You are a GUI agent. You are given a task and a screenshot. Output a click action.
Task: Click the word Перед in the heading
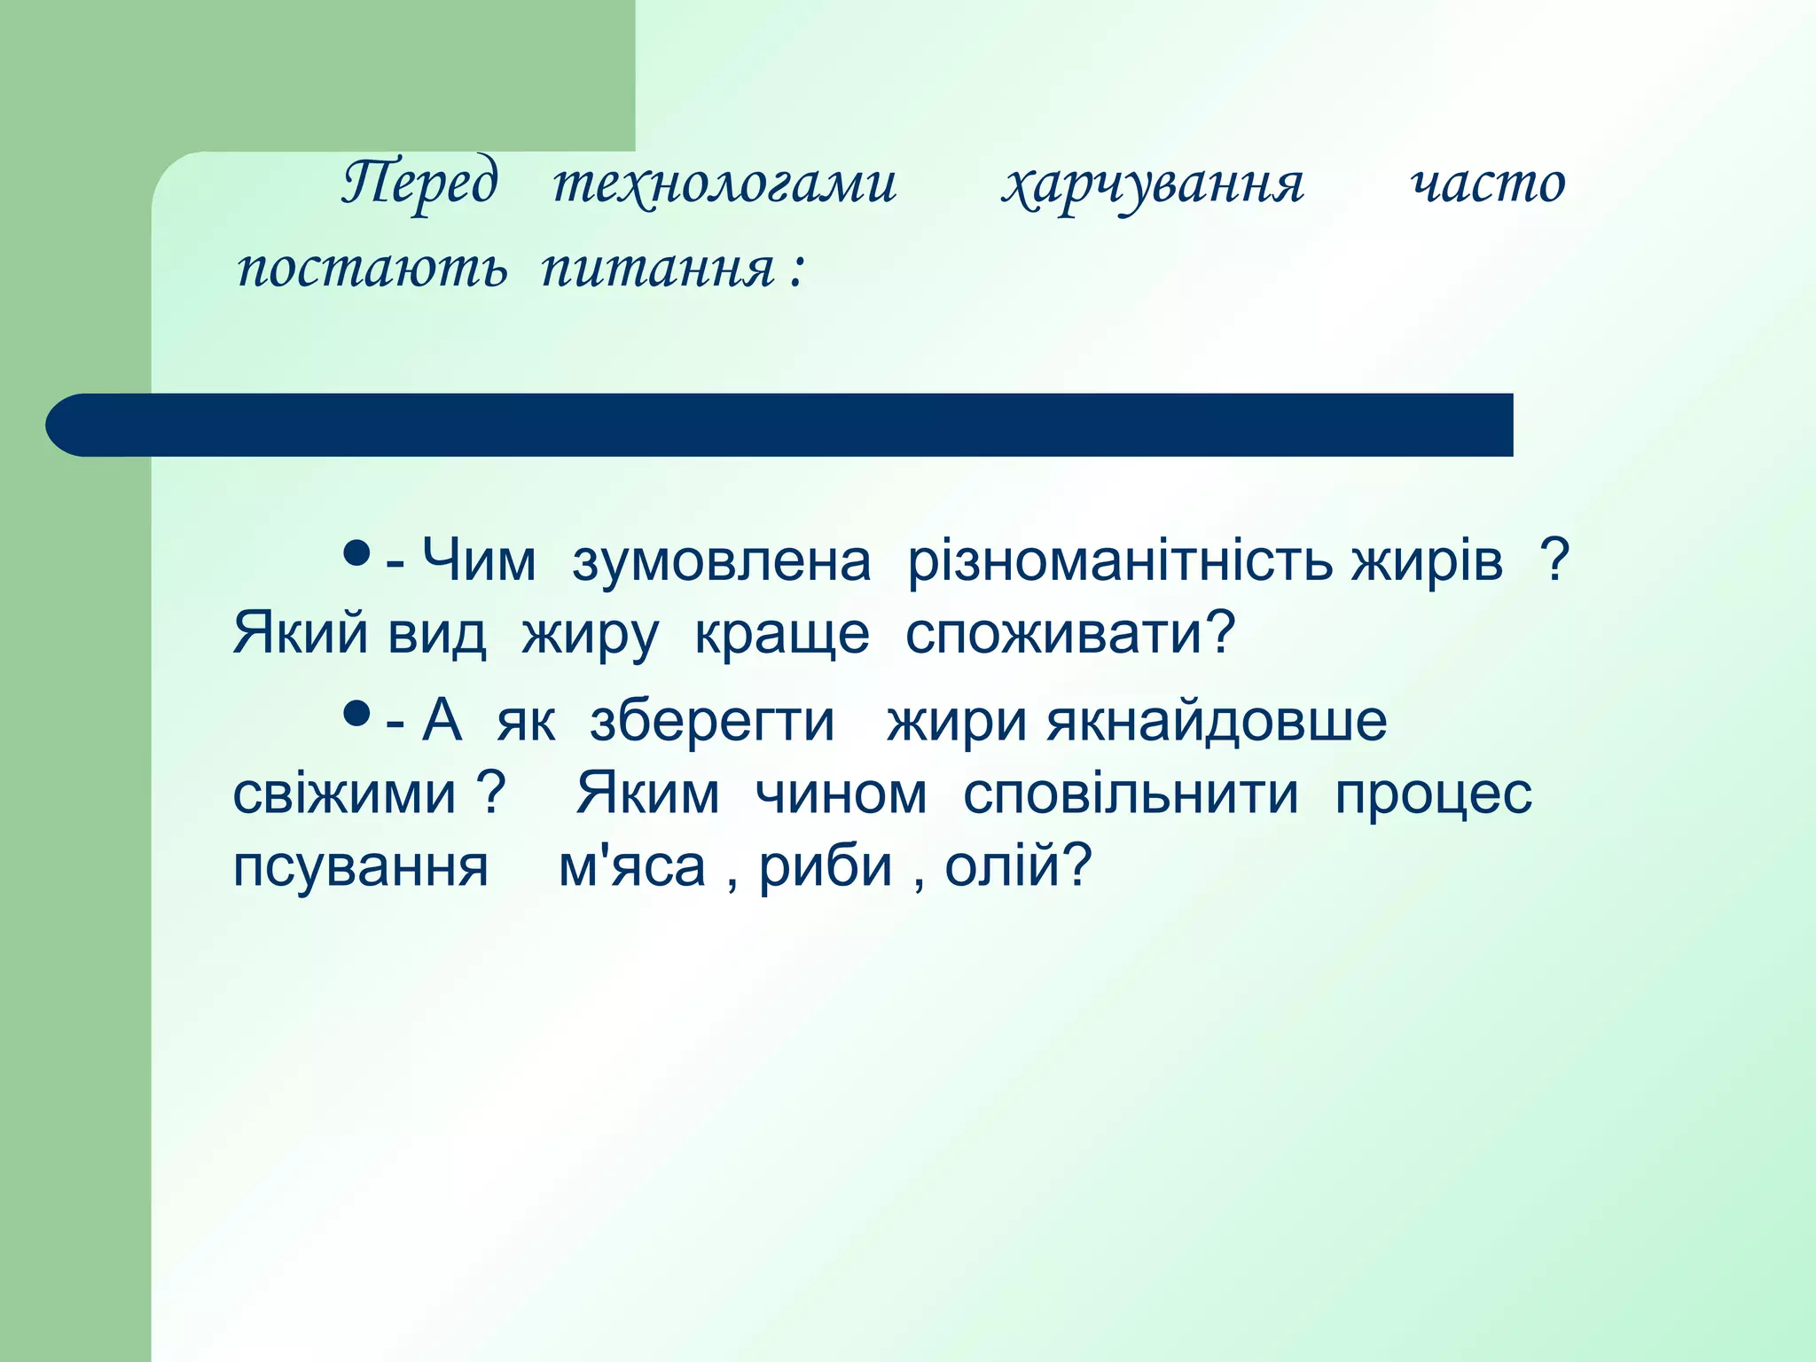click(420, 184)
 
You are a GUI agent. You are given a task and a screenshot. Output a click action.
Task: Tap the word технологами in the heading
click(724, 184)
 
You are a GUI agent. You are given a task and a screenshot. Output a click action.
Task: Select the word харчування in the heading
click(1153, 184)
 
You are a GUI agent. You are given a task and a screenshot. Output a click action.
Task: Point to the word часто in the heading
click(1488, 184)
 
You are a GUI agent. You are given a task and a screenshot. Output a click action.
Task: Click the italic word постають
click(372, 267)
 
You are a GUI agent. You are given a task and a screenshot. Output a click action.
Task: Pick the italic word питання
click(658, 267)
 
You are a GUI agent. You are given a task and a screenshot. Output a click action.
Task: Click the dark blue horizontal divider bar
click(780, 425)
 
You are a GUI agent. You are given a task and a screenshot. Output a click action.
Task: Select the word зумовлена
click(721, 561)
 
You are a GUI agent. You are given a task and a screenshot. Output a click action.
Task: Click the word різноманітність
click(1120, 561)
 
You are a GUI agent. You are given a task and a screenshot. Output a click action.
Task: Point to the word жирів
click(1427, 561)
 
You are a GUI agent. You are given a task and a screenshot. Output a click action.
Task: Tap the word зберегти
click(712, 722)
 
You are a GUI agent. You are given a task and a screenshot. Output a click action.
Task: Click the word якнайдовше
click(1217, 722)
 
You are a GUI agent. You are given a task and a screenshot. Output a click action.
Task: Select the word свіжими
click(344, 794)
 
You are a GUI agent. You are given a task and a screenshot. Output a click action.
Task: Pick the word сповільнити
click(1131, 794)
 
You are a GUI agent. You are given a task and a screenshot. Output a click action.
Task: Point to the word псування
click(360, 867)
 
